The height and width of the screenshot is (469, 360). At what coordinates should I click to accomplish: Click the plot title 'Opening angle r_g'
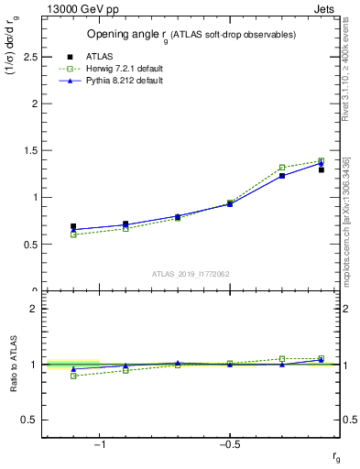pyautogui.click(x=191, y=35)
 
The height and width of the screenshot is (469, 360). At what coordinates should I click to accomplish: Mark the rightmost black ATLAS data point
pyautogui.click(x=322, y=169)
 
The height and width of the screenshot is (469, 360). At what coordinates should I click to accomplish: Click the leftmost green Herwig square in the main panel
pyautogui.click(x=73, y=234)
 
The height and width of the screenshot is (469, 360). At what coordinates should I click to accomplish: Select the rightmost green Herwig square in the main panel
pyautogui.click(x=322, y=160)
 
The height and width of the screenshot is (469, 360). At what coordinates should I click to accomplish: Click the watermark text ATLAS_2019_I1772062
pyautogui.click(x=191, y=273)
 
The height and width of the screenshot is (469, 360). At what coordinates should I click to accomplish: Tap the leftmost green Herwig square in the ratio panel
pyautogui.click(x=73, y=376)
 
